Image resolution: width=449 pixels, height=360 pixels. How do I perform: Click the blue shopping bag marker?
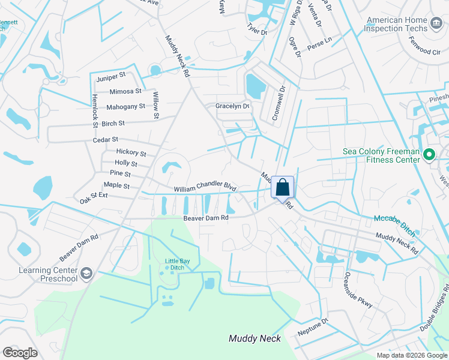tap(282, 187)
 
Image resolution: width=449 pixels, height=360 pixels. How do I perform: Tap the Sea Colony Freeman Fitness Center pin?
tap(429, 155)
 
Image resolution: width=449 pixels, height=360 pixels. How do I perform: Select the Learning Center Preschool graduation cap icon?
tap(86, 274)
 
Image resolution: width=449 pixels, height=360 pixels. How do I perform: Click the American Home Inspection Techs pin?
tap(436, 24)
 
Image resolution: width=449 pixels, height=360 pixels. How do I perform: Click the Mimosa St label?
tap(125, 92)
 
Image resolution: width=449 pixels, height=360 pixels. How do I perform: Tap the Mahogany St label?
tap(125, 107)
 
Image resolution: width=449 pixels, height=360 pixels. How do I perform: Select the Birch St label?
tap(113, 124)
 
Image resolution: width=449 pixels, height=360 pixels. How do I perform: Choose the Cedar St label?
tap(105, 140)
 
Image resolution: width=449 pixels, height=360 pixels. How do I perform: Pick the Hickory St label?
tap(131, 153)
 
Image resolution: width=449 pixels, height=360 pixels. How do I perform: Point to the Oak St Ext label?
tap(94, 196)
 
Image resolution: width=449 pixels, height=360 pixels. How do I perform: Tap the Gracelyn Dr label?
tap(232, 106)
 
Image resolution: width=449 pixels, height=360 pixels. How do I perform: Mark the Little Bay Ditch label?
tap(178, 261)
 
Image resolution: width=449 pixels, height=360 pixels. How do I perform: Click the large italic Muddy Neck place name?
tap(255, 339)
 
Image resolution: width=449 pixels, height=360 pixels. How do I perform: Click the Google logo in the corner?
tap(20, 353)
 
